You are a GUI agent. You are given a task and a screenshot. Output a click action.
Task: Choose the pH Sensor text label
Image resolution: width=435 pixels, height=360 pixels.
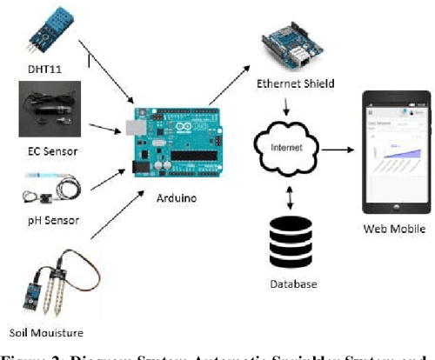click(x=52, y=221)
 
